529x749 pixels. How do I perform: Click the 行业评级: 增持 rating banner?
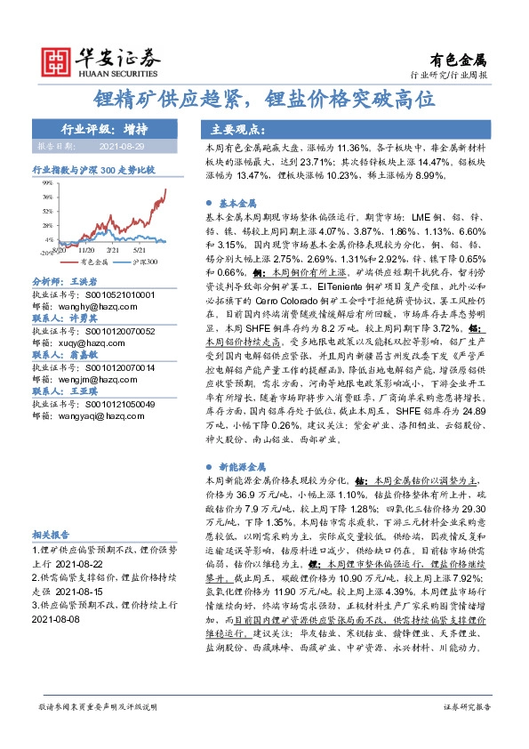pyautogui.click(x=99, y=127)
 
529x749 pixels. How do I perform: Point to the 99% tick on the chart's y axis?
pyautogui.click(x=48, y=182)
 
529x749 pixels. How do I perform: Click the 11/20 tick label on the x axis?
pyautogui.click(x=90, y=252)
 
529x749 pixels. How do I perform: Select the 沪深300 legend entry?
pyautogui.click(x=142, y=262)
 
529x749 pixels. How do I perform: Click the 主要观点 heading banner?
pyautogui.click(x=228, y=127)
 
